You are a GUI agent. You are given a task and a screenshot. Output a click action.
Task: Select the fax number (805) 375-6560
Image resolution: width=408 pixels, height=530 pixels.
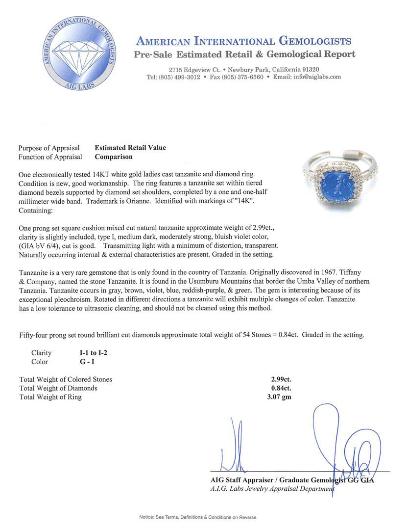tap(243, 77)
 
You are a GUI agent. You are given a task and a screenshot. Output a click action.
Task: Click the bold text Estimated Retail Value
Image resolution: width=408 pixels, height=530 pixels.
tap(130, 148)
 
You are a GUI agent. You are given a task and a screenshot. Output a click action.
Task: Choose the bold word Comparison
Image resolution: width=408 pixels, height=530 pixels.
tap(114, 157)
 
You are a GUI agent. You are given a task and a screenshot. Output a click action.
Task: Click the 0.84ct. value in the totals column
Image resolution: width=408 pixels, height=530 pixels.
tap(281, 388)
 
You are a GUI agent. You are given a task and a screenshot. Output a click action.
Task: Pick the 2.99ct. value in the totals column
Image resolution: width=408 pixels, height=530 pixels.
tap(281, 379)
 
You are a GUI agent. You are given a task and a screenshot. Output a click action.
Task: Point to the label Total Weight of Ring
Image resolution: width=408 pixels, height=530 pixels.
tap(50, 397)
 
